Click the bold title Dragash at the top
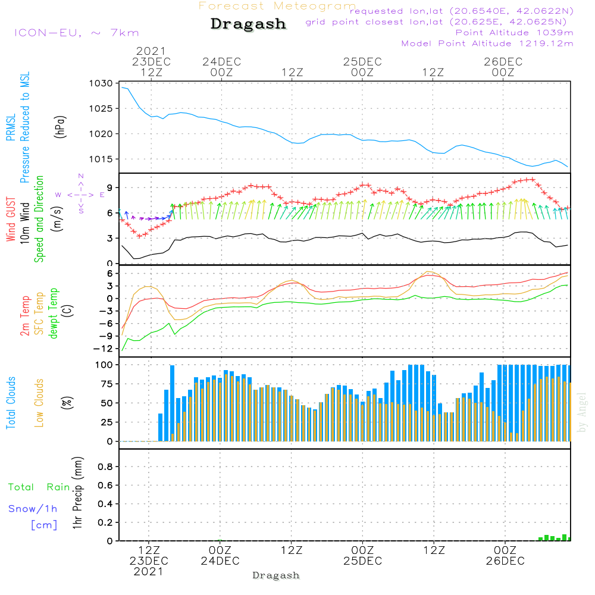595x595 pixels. coord(248,24)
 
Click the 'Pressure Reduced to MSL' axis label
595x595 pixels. coord(25,127)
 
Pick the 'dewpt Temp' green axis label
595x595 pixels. coord(54,314)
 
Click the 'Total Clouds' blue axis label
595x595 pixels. coord(11,403)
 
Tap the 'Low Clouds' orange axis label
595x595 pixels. coord(39,403)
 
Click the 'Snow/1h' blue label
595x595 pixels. coord(33,509)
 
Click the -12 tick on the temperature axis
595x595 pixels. coord(106,348)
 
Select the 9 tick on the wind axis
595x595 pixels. coord(110,187)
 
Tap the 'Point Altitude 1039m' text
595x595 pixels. coord(515,32)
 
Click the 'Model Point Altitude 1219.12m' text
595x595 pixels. coord(487,43)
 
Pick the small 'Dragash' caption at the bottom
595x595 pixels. coord(276,575)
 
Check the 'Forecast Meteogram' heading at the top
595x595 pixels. coord(277,6)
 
